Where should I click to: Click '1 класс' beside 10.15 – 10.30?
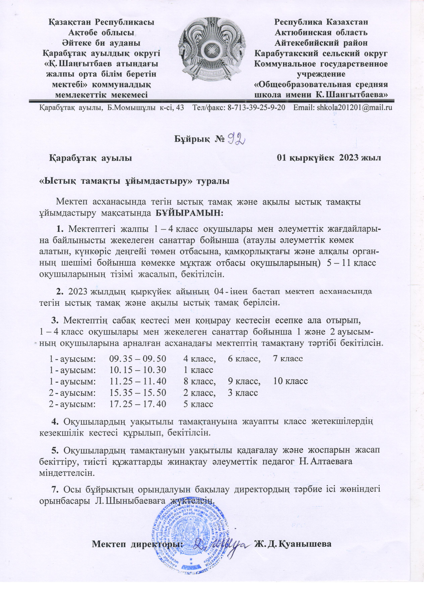point(198,370)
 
